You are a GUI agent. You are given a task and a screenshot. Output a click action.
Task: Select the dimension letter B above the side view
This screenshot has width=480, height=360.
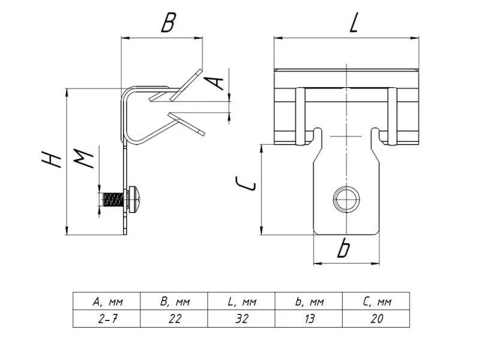tap(169, 23)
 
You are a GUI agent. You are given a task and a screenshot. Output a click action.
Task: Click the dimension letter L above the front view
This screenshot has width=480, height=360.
tap(353, 23)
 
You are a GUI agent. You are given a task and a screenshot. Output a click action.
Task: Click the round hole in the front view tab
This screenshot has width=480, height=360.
tap(346, 199)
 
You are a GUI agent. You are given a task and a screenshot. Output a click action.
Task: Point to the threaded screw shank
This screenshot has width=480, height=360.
tap(112, 199)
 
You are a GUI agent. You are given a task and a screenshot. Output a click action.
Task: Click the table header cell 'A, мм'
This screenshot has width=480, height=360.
tap(107, 302)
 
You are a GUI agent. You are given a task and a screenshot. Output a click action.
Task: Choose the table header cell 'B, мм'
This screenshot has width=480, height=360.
tap(175, 302)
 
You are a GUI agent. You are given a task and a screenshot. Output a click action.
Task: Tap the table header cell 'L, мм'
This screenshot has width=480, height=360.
tap(242, 302)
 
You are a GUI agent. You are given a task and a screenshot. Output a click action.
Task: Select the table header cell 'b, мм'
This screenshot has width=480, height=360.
tap(309, 302)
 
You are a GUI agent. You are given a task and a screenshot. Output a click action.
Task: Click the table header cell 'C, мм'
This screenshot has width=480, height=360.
tap(376, 302)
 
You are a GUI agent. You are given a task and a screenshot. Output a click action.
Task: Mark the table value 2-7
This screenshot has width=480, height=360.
tap(107, 319)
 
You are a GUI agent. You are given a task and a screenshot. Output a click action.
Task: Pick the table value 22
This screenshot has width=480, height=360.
tap(175, 319)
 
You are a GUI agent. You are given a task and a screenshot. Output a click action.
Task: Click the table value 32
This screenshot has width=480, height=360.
tap(242, 319)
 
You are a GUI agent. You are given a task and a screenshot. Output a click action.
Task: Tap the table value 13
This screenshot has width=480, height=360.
tap(309, 319)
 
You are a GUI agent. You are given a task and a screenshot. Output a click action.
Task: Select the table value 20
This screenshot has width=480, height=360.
tap(376, 319)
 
